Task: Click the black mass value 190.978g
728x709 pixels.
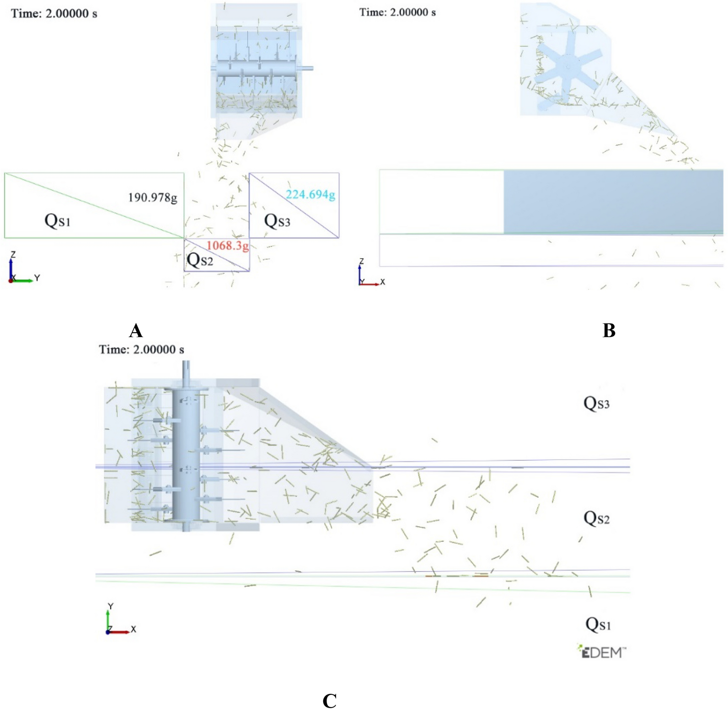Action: point(152,197)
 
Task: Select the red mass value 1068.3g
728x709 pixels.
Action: point(227,245)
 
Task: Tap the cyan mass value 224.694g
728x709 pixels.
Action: point(310,195)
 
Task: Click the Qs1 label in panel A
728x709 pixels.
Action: point(57,221)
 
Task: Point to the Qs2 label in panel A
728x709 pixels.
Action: point(200,260)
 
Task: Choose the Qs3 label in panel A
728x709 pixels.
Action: point(277,221)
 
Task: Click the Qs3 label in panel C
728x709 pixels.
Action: point(596,403)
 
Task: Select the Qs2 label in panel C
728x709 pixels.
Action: point(596,518)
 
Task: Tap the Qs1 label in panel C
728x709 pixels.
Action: point(598,624)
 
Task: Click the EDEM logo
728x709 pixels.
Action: point(601,652)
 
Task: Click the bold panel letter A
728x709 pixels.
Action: point(136,330)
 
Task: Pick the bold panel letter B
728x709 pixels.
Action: point(609,330)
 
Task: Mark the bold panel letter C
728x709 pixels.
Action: point(329,700)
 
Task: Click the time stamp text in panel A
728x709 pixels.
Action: point(54,13)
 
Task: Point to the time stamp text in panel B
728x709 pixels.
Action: point(397,12)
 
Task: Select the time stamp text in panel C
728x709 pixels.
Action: point(141,350)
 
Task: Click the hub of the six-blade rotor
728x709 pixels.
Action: point(568,66)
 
